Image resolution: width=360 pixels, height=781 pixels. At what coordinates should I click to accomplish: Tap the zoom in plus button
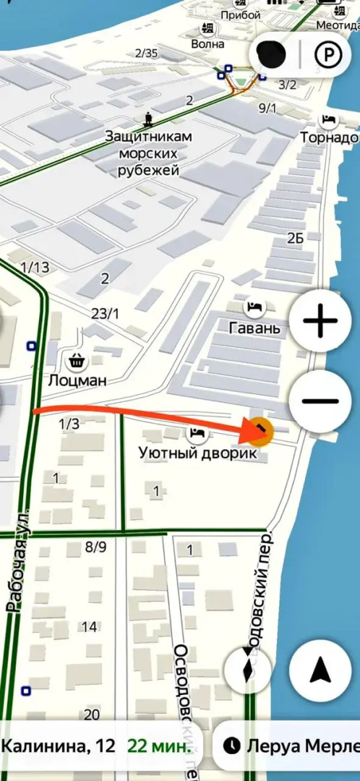(x=320, y=322)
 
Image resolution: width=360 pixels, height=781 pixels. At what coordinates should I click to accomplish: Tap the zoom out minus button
(x=320, y=402)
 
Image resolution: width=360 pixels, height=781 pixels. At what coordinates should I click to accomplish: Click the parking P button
(x=329, y=54)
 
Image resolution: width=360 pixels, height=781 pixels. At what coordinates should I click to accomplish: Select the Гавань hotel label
(x=254, y=328)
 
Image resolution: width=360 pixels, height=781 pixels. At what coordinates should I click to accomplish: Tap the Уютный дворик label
(x=197, y=453)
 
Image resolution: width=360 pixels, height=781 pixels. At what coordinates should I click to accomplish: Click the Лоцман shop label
(x=77, y=380)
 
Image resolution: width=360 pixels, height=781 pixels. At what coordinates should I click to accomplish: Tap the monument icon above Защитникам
(x=148, y=118)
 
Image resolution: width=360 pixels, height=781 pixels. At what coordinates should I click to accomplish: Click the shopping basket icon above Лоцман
(x=76, y=360)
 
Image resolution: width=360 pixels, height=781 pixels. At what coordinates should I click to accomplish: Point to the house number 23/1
(x=106, y=313)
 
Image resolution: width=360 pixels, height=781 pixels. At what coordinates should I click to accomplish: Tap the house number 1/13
(x=35, y=268)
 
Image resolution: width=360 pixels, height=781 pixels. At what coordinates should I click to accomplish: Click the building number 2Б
(x=295, y=238)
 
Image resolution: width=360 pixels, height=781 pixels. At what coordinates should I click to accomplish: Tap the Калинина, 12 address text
(x=58, y=746)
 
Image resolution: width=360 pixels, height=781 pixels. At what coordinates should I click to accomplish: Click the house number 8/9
(x=95, y=547)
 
